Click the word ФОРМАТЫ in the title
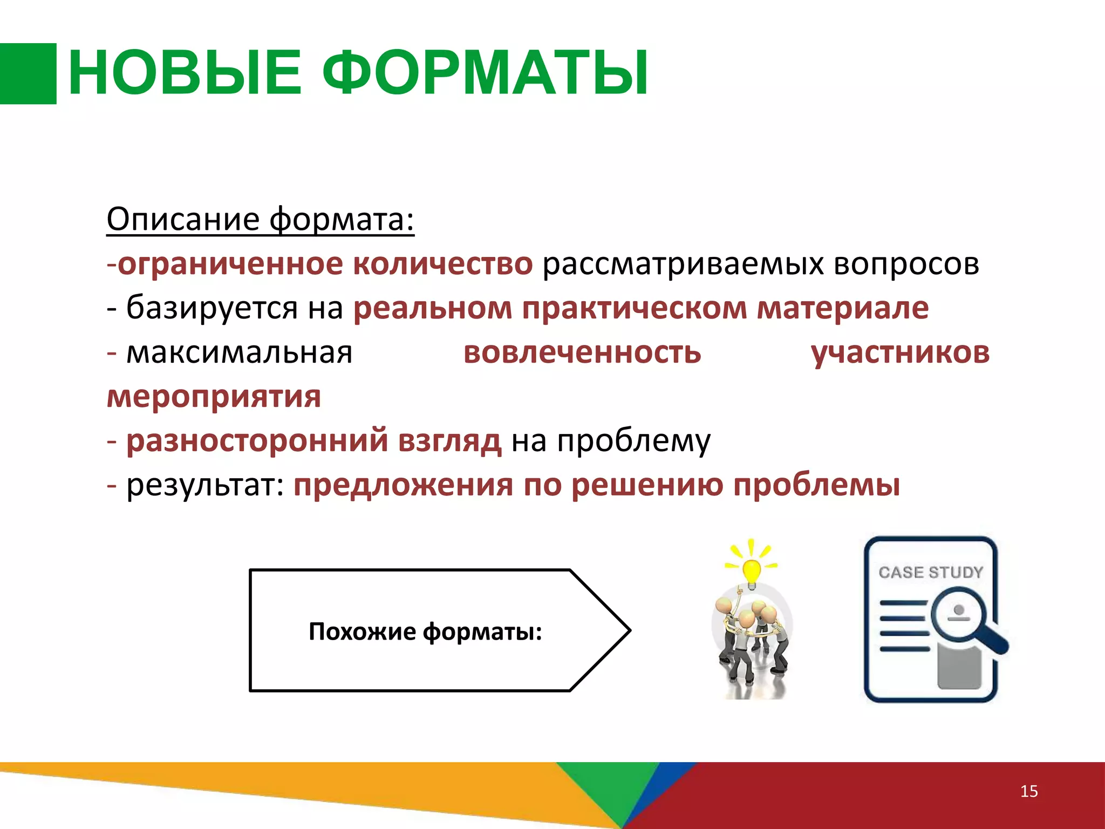[x=486, y=73]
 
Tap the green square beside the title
[x=28, y=73]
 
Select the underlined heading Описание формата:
[x=260, y=219]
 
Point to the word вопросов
[x=906, y=264]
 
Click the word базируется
[x=212, y=308]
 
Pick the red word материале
[x=842, y=308]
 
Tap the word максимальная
[x=239, y=352]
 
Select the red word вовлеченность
[x=582, y=352]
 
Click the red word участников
[x=900, y=352]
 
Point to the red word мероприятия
[x=214, y=397]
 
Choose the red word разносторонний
[x=257, y=440]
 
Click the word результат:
[x=205, y=485]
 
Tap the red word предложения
[x=403, y=485]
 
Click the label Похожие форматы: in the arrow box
[x=425, y=631]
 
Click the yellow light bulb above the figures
[x=751, y=570]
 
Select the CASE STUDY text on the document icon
[x=931, y=572]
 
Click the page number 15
[x=1029, y=791]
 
